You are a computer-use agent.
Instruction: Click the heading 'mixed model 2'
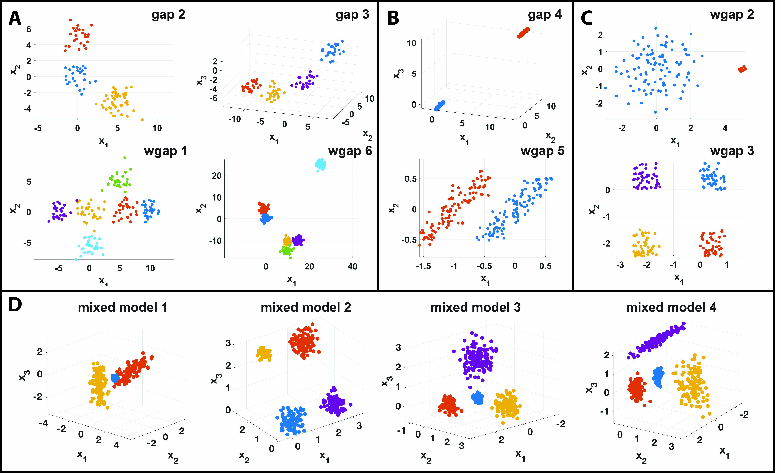pos(306,308)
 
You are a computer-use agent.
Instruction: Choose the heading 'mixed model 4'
pos(671,308)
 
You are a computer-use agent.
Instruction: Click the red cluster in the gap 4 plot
pos(523,32)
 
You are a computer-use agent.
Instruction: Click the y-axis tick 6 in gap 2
pos(29,29)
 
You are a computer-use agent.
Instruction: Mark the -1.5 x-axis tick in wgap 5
pos(424,266)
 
